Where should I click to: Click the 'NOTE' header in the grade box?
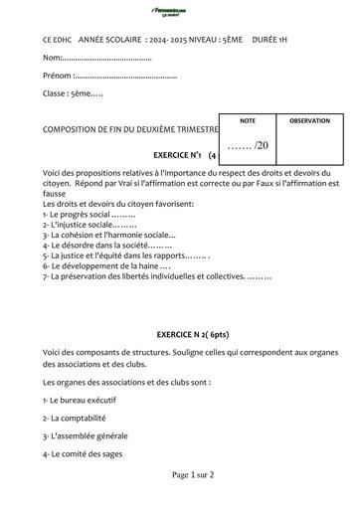click(248, 120)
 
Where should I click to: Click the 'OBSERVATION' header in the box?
click(308, 120)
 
